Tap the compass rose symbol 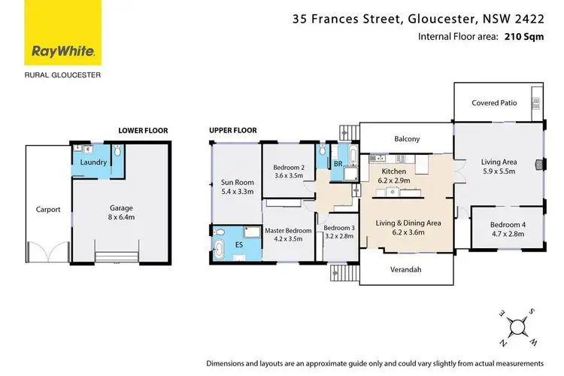516,326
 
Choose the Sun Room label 237,186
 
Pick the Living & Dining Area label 408,228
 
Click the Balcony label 407,138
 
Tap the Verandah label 407,269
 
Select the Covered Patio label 493,103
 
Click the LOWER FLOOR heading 143,130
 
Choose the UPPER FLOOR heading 233,130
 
